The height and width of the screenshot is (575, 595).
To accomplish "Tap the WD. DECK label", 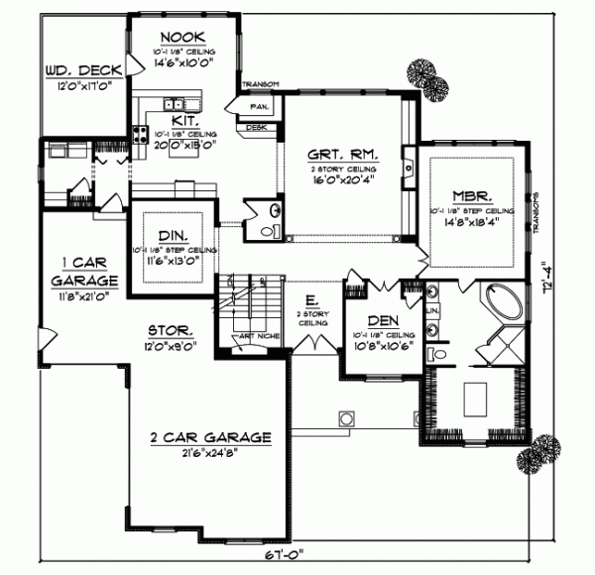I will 83,71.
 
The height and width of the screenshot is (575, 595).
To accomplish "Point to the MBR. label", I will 470,195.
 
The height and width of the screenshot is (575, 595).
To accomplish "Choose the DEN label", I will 382,320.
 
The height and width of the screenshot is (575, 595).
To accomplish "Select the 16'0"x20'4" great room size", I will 339,182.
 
